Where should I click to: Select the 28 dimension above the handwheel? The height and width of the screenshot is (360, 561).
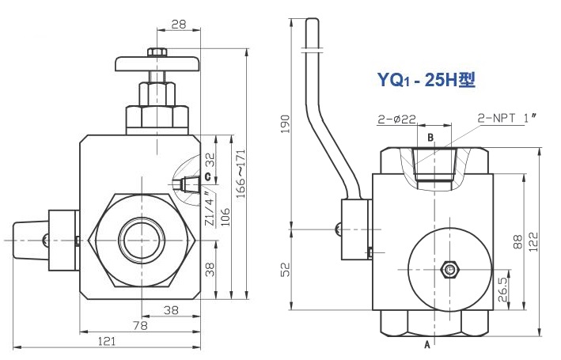pos(178,25)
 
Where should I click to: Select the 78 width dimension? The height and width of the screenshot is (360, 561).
pos(139,325)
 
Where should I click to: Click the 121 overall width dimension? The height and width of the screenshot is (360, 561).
pos(106,341)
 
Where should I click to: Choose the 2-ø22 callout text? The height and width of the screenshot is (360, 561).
pos(396,119)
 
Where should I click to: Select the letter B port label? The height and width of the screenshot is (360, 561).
pos(430,138)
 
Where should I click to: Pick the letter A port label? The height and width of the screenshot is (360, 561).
pos(428,346)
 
